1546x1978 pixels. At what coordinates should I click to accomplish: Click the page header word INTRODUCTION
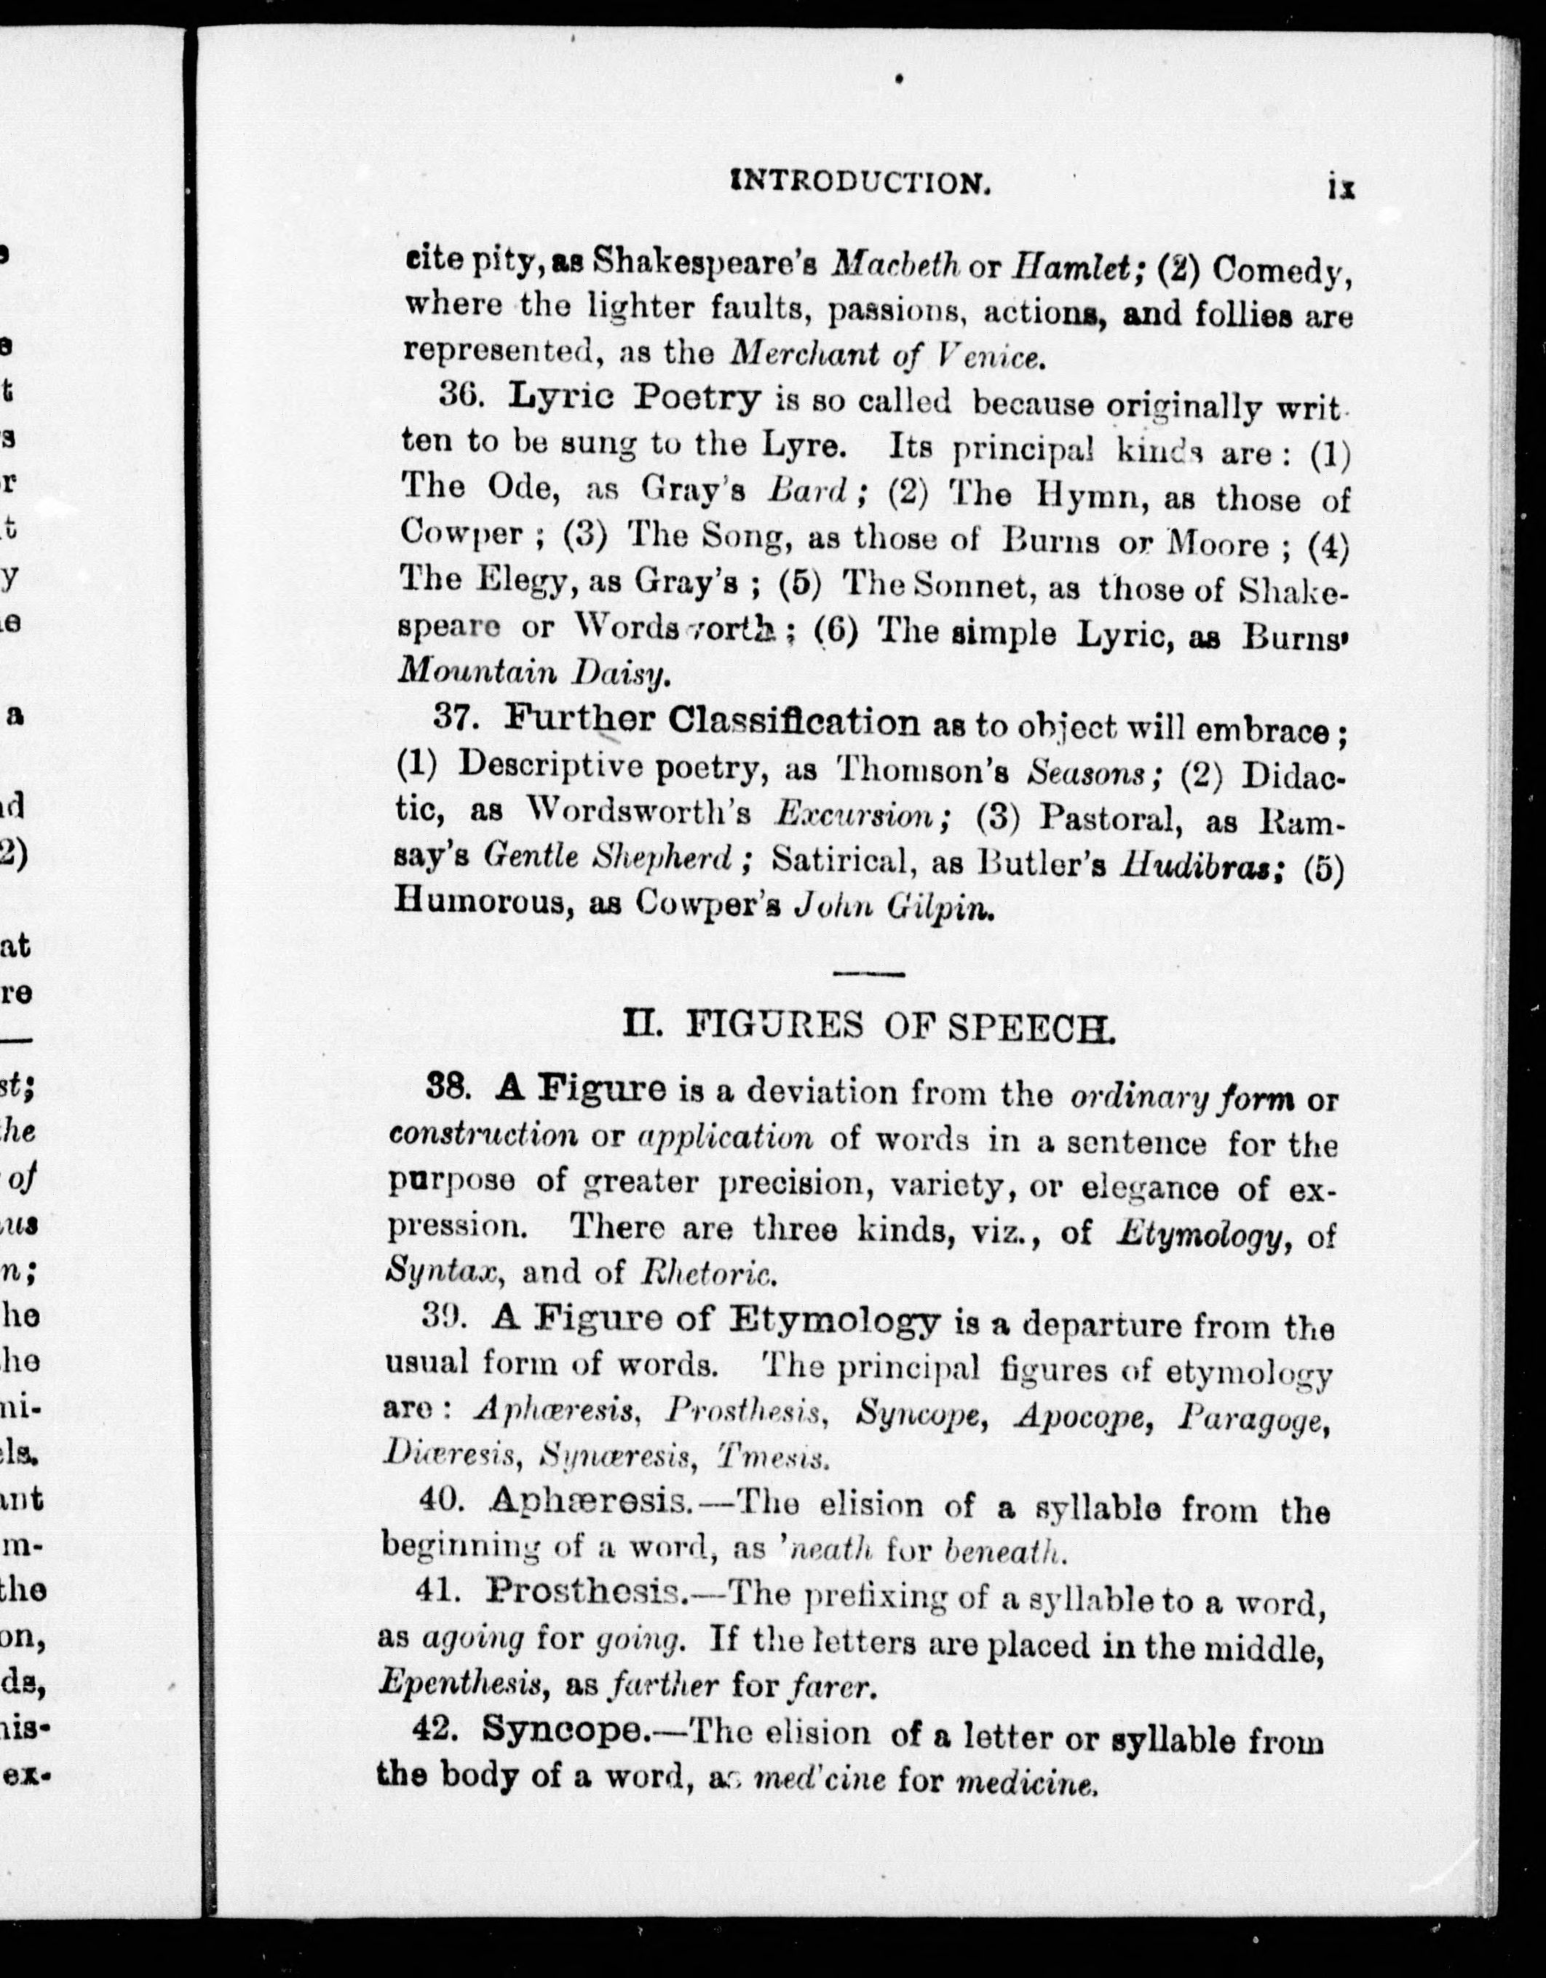pyautogui.click(x=860, y=184)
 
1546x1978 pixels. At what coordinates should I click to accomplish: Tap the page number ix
pyautogui.click(x=1341, y=188)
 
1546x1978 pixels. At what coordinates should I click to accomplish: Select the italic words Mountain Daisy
pyautogui.click(x=534, y=670)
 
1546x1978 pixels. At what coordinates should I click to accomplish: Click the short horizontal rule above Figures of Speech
pyautogui.click(x=868, y=974)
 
